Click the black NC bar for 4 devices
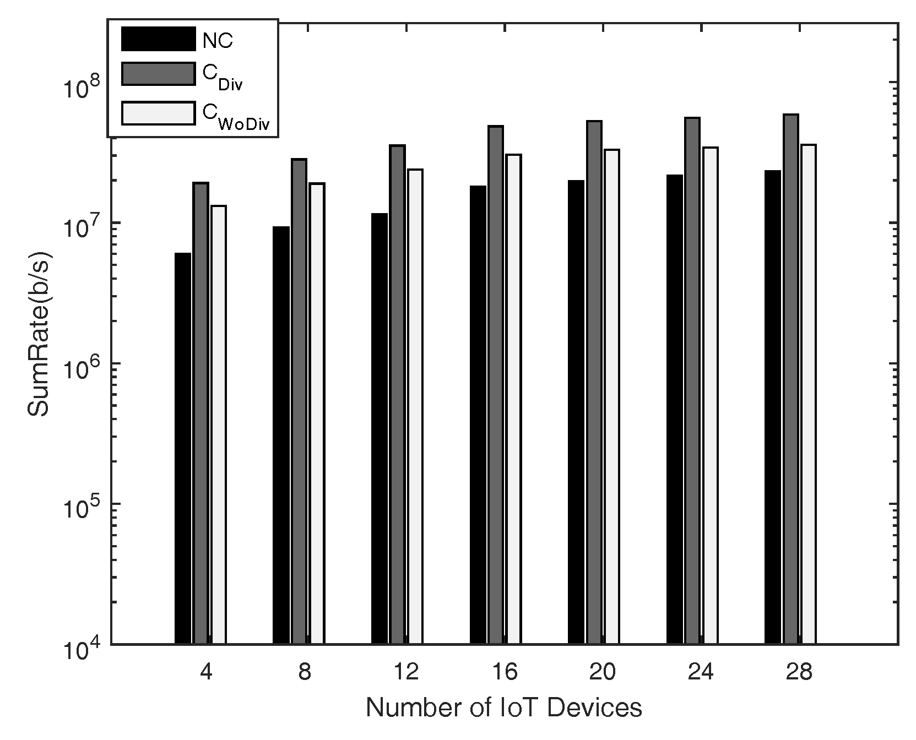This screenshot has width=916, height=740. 183,448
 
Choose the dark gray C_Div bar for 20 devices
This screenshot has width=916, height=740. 594,382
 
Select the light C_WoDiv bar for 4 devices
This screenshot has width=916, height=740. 219,424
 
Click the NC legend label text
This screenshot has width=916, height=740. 218,41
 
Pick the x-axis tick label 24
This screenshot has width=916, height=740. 701,672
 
